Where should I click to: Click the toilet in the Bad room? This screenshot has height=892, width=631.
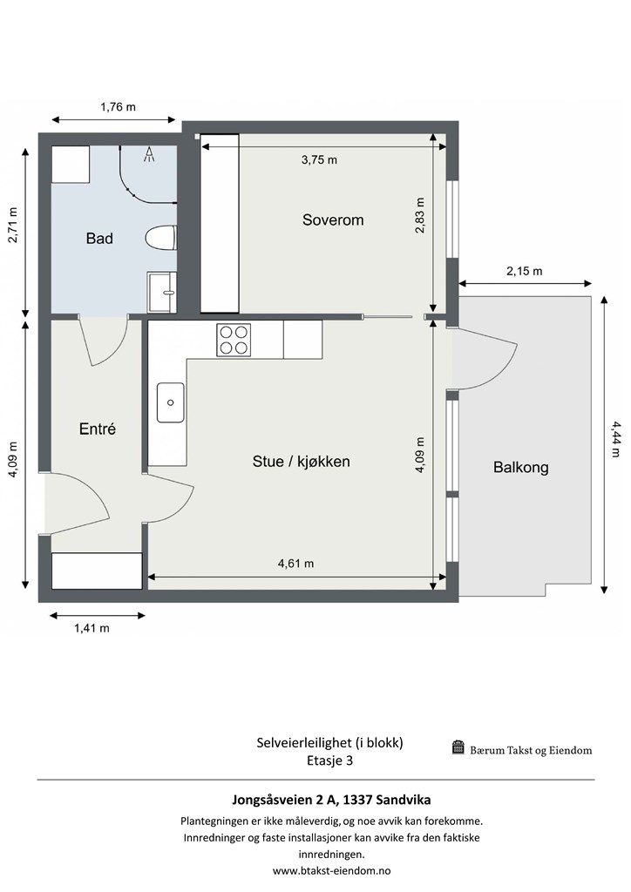[161, 239]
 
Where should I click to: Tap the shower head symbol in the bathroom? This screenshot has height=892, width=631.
[149, 154]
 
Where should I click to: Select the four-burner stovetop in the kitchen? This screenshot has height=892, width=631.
[234, 340]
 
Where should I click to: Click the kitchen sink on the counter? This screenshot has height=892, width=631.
[171, 402]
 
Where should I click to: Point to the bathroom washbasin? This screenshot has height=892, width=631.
[163, 292]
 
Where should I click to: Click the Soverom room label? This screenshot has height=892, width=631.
[333, 220]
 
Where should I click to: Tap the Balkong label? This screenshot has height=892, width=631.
[520, 468]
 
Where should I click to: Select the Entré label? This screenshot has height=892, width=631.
[98, 429]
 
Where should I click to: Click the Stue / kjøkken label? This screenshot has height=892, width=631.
[301, 462]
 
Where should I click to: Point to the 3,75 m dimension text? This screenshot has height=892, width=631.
[319, 160]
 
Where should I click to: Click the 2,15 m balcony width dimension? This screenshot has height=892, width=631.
[524, 272]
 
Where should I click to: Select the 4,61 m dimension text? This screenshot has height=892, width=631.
[295, 564]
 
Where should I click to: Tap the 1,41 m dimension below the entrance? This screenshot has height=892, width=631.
[92, 628]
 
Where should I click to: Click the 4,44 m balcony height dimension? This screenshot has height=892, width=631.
[616, 439]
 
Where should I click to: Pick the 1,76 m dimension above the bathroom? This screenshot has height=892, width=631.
[119, 107]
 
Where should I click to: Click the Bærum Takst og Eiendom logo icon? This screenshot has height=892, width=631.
[458, 747]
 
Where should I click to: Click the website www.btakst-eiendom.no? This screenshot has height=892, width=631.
[332, 870]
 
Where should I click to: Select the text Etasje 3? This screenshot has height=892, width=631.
[330, 760]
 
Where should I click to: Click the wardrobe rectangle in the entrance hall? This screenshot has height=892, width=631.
[97, 571]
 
